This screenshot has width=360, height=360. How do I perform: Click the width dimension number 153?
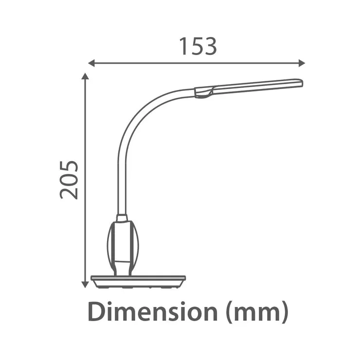coord(198,46)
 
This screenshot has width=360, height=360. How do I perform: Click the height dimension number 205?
coord(69,180)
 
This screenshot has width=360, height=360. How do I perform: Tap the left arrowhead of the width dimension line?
coord(91,63)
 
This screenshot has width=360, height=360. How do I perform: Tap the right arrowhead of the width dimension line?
coord(302,63)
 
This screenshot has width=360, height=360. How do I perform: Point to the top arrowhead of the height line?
coord(85,76)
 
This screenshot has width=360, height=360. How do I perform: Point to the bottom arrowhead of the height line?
coord(85,285)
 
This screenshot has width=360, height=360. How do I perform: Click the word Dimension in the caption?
coord(153,311)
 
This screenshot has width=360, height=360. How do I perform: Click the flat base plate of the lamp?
coord(138,282)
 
